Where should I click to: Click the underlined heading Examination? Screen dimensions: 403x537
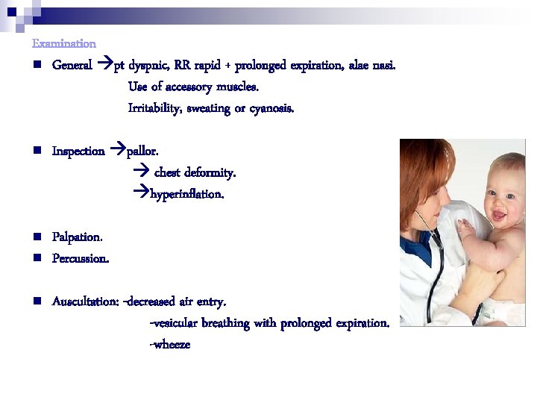tap(64, 44)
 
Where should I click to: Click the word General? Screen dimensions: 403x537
tap(72, 65)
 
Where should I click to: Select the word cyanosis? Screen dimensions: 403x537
tap(272, 108)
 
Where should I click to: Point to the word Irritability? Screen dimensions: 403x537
tap(154, 108)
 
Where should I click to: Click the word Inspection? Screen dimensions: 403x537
tap(78, 151)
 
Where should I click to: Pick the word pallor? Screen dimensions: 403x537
tap(142, 151)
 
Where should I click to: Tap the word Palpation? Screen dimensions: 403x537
tap(78, 237)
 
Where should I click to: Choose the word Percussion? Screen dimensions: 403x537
tap(80, 259)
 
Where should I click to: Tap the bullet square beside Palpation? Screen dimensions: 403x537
tap(36, 237)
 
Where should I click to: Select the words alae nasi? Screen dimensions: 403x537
tap(371, 65)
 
